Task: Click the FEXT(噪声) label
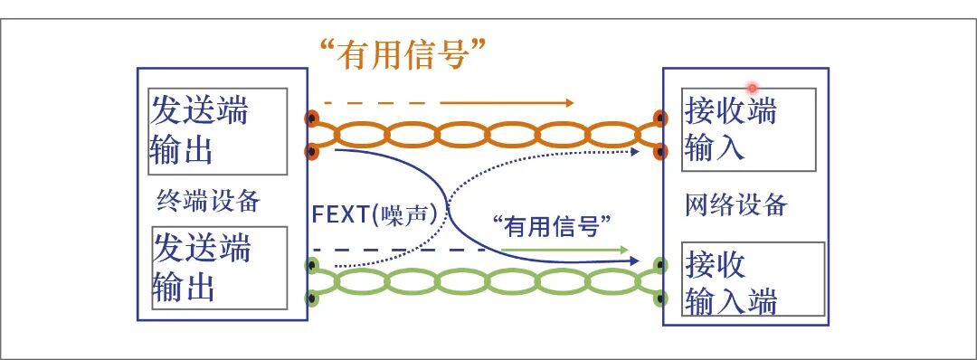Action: (x=380, y=215)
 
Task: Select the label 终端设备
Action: (x=208, y=200)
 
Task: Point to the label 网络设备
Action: (x=735, y=204)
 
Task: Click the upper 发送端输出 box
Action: (x=218, y=131)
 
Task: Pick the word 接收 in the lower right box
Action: (x=715, y=265)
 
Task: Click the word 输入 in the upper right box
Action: (x=715, y=147)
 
